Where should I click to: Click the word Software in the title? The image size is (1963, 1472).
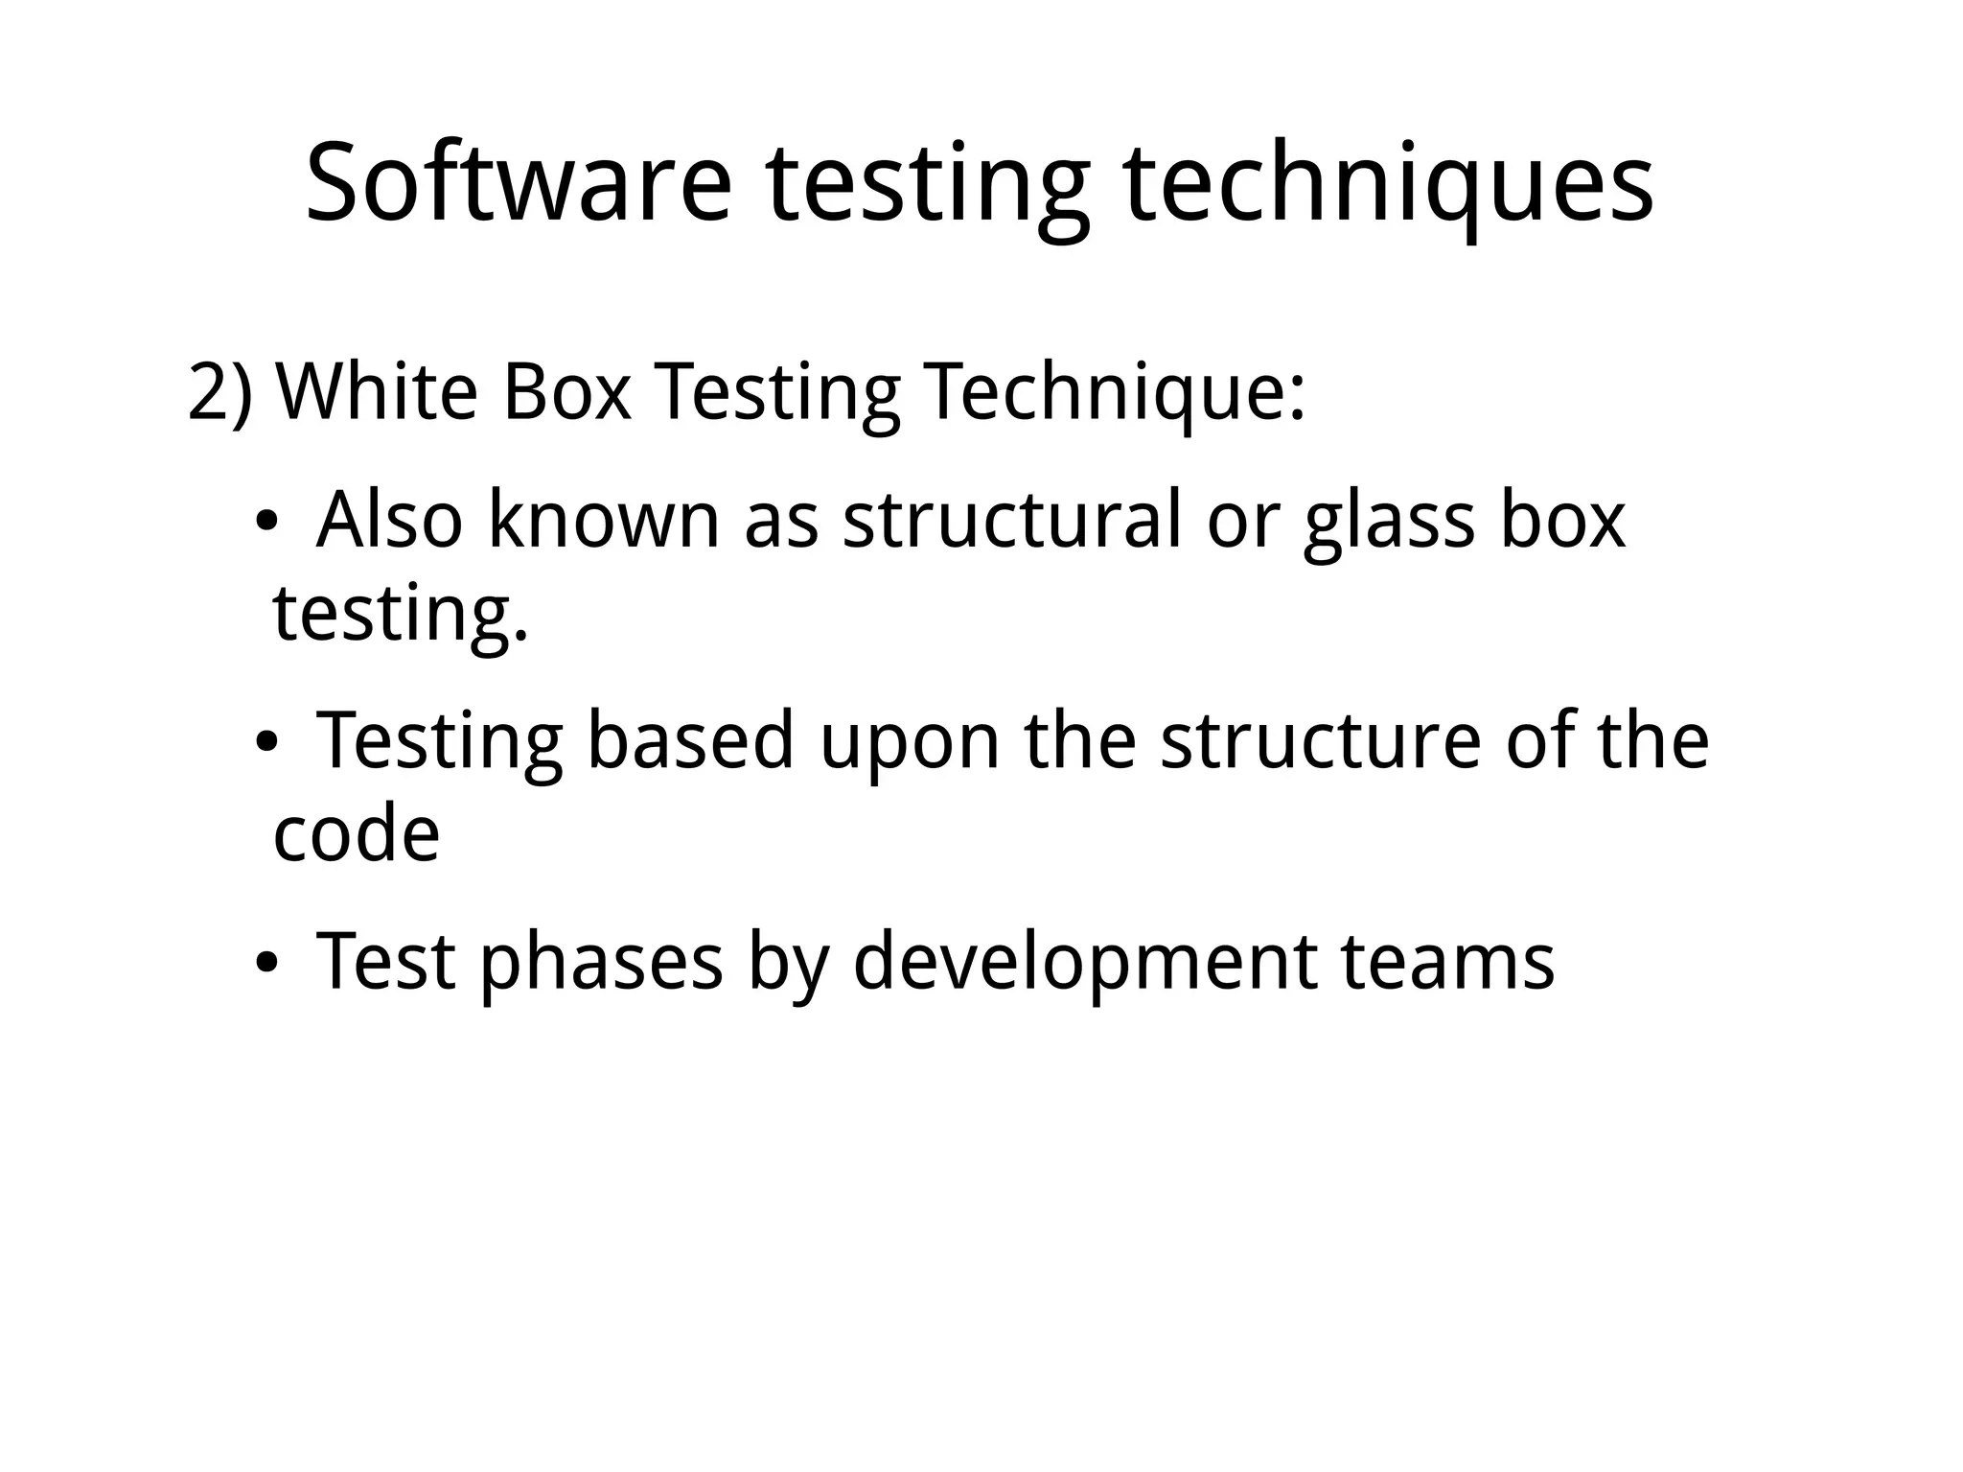point(519,182)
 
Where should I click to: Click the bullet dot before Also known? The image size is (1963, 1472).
point(266,523)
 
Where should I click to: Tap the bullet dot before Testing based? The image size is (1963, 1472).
point(266,743)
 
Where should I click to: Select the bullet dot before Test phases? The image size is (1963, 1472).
point(266,963)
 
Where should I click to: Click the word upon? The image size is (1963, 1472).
point(910,743)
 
